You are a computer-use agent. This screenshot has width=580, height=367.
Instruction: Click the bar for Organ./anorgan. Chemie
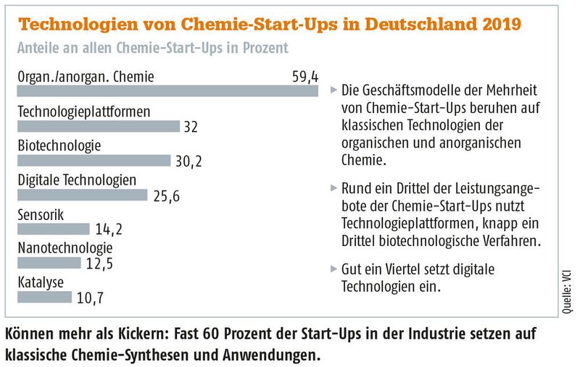[167, 91]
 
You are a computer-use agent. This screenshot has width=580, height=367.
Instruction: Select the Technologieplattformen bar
[98, 126]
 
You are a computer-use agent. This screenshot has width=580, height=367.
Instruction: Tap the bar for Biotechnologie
[94, 160]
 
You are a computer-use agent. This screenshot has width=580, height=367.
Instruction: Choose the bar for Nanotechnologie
[48, 262]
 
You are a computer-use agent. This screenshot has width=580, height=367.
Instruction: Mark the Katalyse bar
[44, 296]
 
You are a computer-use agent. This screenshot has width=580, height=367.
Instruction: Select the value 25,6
[165, 195]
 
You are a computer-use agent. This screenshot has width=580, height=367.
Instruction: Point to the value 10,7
[91, 296]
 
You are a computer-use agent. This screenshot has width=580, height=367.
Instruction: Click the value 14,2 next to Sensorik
[108, 229]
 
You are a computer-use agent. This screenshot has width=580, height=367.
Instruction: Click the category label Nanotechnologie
[65, 248]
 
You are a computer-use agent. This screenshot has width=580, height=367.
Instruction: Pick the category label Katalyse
[41, 282]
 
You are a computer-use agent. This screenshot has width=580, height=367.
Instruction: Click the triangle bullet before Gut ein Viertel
[333, 268]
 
